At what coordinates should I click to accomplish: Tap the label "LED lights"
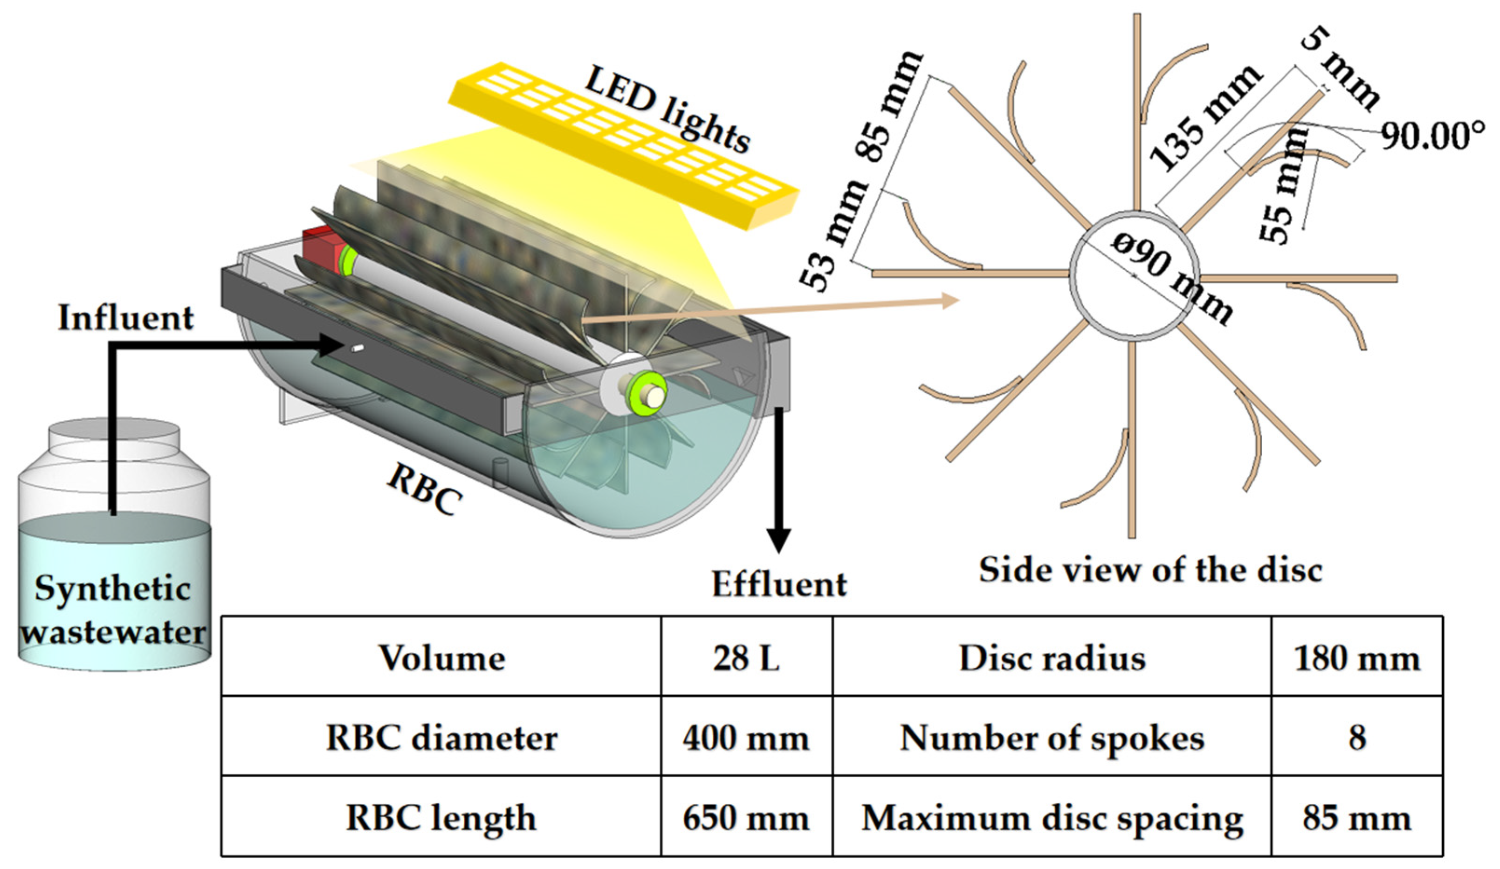coord(667,110)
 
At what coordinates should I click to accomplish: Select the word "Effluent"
coord(778,584)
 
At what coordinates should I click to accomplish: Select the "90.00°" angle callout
coord(1431,137)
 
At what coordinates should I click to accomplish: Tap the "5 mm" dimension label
coord(1339,68)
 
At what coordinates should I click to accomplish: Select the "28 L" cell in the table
coord(746,658)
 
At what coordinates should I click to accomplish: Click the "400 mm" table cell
coord(746,738)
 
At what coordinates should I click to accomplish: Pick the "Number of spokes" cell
coord(1052,738)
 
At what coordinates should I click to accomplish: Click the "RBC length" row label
coord(441,818)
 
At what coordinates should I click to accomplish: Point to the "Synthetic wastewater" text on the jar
coord(113,610)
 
